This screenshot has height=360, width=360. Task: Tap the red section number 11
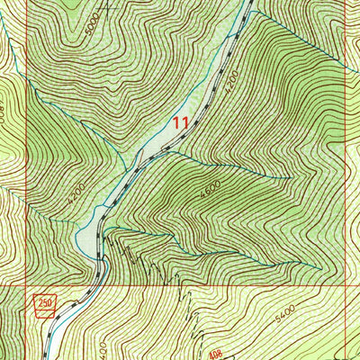click(181, 123)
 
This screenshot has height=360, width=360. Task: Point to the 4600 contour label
click(210, 192)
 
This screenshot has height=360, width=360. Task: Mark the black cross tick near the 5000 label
click(109, 10)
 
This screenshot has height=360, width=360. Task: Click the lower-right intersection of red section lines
click(347, 287)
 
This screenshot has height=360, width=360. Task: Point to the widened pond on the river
click(87, 237)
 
